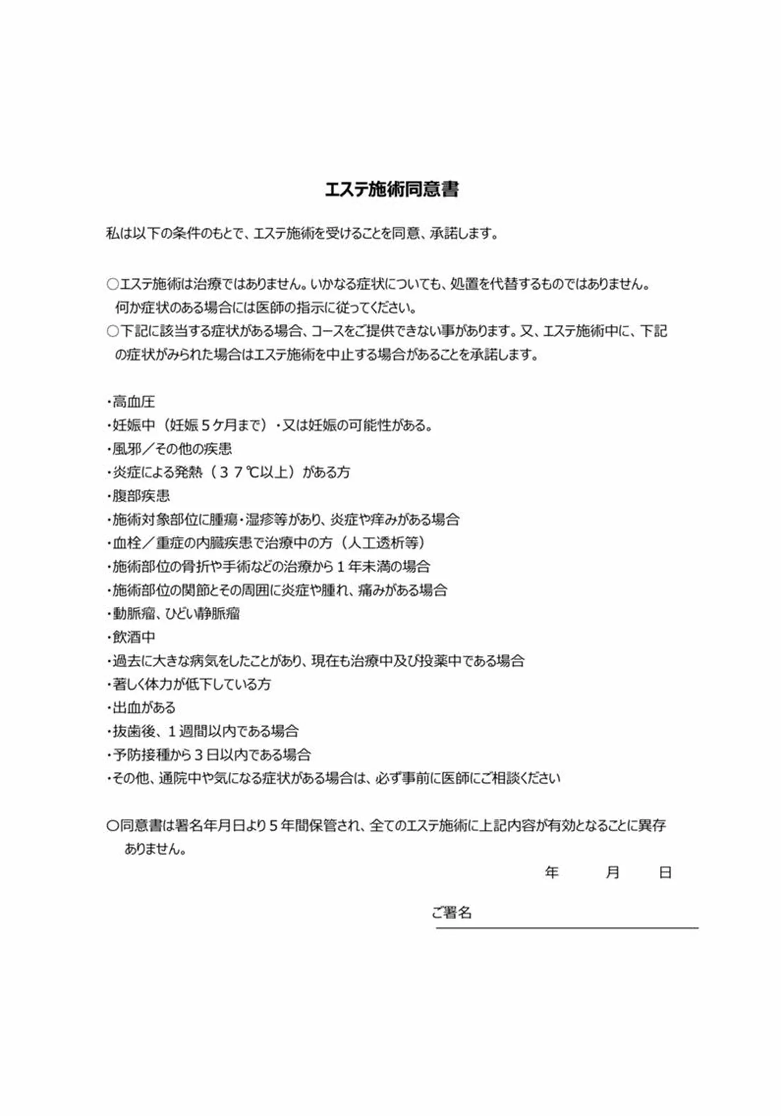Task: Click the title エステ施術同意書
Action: (x=391, y=190)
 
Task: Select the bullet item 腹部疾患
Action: (x=141, y=496)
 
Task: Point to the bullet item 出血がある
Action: (x=143, y=708)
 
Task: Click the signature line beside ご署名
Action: (x=567, y=927)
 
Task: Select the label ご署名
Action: (x=452, y=913)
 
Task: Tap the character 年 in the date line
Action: (x=552, y=872)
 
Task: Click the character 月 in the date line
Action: (x=612, y=872)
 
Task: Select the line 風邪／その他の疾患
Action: (x=172, y=449)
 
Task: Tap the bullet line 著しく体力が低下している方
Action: (x=191, y=684)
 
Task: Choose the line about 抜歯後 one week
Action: (x=205, y=731)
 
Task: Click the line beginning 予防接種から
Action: (x=211, y=755)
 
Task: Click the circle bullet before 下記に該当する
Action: (x=112, y=331)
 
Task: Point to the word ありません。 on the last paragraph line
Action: (x=155, y=849)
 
